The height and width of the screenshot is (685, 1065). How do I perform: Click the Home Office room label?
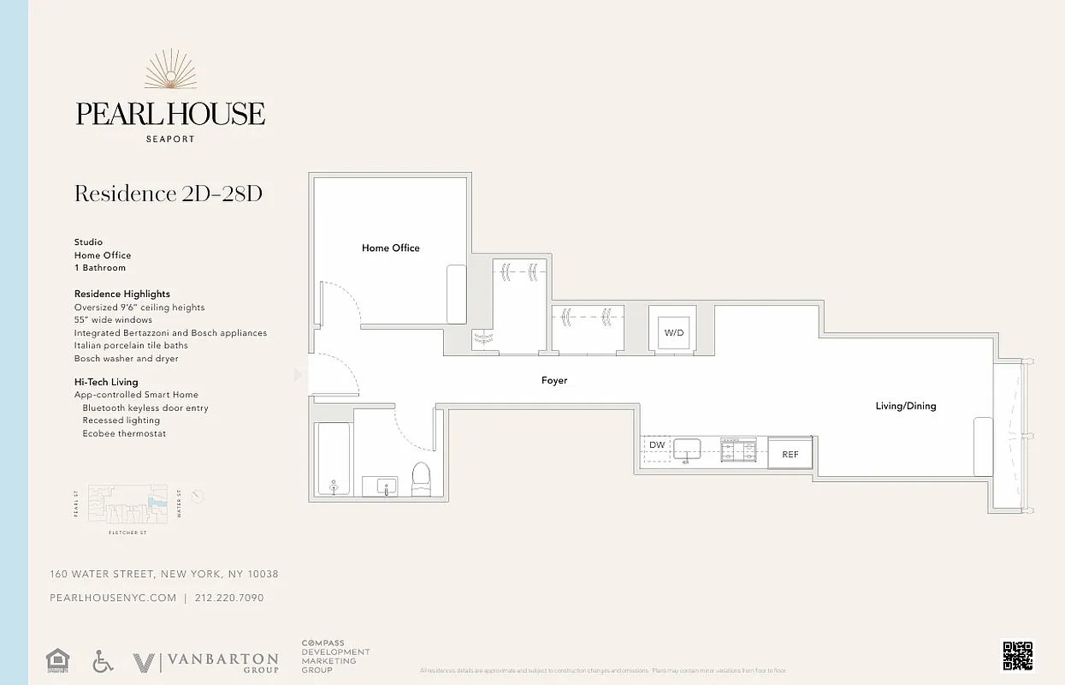(x=391, y=248)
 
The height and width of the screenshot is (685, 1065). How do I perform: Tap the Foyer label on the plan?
(x=554, y=380)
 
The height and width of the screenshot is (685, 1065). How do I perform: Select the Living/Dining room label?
(x=906, y=406)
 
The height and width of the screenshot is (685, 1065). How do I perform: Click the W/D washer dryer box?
(x=674, y=333)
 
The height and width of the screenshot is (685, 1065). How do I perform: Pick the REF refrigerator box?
(x=790, y=454)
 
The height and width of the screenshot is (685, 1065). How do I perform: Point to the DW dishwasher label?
(x=657, y=445)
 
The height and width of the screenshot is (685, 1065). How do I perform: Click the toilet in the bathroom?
(x=422, y=479)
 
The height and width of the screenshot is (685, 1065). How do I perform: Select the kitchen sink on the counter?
(x=686, y=449)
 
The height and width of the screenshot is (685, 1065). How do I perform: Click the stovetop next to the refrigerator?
(x=738, y=450)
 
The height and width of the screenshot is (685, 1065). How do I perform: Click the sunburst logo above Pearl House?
(x=170, y=70)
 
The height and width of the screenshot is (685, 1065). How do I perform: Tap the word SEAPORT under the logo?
(x=170, y=139)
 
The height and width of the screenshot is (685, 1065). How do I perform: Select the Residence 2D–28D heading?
(x=169, y=194)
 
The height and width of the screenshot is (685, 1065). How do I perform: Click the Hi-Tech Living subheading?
(x=106, y=382)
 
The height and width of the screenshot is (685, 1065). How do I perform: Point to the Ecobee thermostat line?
(x=124, y=433)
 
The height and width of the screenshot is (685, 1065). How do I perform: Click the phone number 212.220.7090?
(x=229, y=598)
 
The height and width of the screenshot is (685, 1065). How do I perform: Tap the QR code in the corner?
(x=1017, y=656)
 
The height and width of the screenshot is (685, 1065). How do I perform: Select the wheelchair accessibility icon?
(x=104, y=661)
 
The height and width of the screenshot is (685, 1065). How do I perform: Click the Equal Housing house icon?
(x=57, y=661)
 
